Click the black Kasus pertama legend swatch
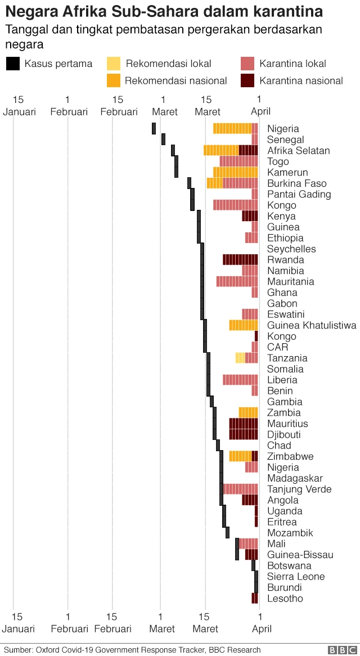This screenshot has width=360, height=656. tap(13, 64)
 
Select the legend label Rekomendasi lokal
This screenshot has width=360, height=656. tap(176, 64)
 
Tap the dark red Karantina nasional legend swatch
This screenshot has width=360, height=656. tap(248, 80)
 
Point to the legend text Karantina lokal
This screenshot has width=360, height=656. tap(292, 64)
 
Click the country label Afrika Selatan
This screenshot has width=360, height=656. tap(298, 151)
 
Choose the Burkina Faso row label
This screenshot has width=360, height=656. tap(296, 183)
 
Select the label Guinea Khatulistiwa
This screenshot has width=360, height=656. tap(312, 325)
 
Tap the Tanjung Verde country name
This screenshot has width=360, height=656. tap(299, 489)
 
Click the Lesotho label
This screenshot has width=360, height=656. tap(285, 598)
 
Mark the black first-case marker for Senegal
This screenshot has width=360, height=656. tap(163, 140)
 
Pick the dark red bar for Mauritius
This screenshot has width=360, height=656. tap(243, 423)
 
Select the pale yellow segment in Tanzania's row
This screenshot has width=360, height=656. tap(240, 358)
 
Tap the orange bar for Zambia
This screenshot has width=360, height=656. tap(248, 412)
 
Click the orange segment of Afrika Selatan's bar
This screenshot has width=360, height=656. tap(220, 150)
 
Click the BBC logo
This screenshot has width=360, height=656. tap(340, 650)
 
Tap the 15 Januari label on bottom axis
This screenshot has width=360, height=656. tap(19, 623)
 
